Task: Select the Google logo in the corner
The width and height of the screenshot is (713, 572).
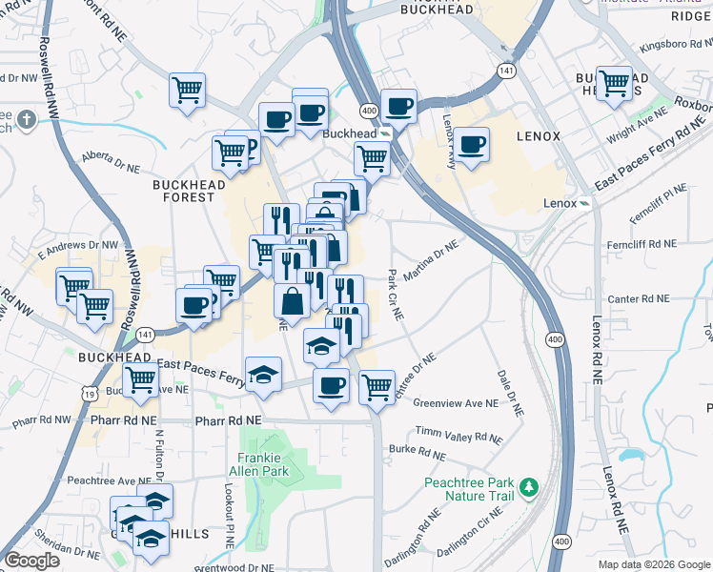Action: click(32, 560)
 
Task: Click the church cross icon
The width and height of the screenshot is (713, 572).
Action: click(26, 120)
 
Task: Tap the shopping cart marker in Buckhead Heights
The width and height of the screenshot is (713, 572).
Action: click(614, 83)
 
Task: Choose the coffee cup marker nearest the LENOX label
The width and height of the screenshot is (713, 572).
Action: click(472, 145)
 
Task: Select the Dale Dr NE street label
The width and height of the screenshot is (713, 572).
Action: click(510, 392)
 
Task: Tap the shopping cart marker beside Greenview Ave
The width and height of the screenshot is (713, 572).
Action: click(377, 386)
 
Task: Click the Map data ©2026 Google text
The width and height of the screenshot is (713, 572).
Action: click(653, 564)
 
